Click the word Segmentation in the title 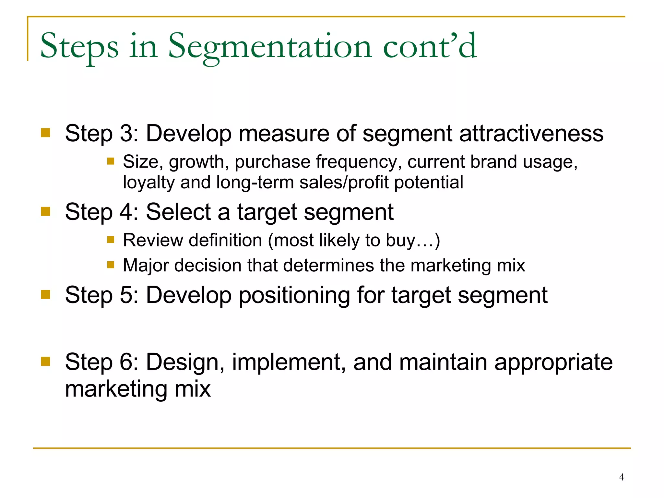tap(270, 47)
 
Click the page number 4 tap(622, 477)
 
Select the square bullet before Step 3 tap(46, 133)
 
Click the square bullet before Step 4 tap(46, 211)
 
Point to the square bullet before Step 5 tap(46, 294)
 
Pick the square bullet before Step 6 tap(46, 361)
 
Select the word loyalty tap(149, 183)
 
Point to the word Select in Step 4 tap(178, 212)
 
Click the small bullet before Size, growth tap(111, 161)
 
